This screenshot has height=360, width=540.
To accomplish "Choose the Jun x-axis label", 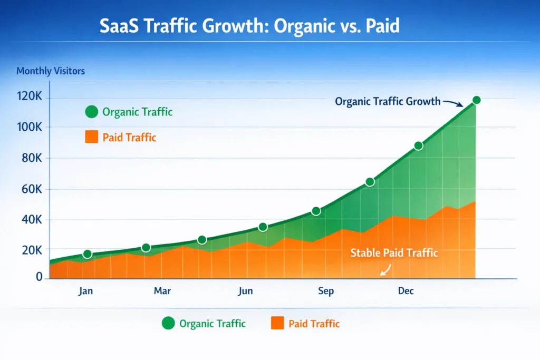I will coord(245,291).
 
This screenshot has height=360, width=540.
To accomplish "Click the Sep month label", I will coord(326,291).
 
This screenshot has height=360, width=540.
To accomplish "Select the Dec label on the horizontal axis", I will coord(406,291).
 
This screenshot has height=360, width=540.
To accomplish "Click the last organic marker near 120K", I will coord(476,100).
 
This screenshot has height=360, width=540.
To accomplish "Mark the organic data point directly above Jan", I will coord(88,254).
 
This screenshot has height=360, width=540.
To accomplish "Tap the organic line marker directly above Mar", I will coord(146,248).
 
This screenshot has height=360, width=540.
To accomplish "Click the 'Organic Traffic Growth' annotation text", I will coord(388,101).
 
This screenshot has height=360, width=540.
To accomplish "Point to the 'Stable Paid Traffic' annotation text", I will coord(394,252).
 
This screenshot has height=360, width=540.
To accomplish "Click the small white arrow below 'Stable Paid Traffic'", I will coord(384,270).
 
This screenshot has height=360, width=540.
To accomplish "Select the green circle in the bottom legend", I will coord(168,324).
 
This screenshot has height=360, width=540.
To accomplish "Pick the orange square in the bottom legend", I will coord(277,324).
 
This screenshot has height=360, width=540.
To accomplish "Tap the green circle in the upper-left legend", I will coord(91,112).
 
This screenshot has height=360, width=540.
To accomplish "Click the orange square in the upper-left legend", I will coord(91,138).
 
